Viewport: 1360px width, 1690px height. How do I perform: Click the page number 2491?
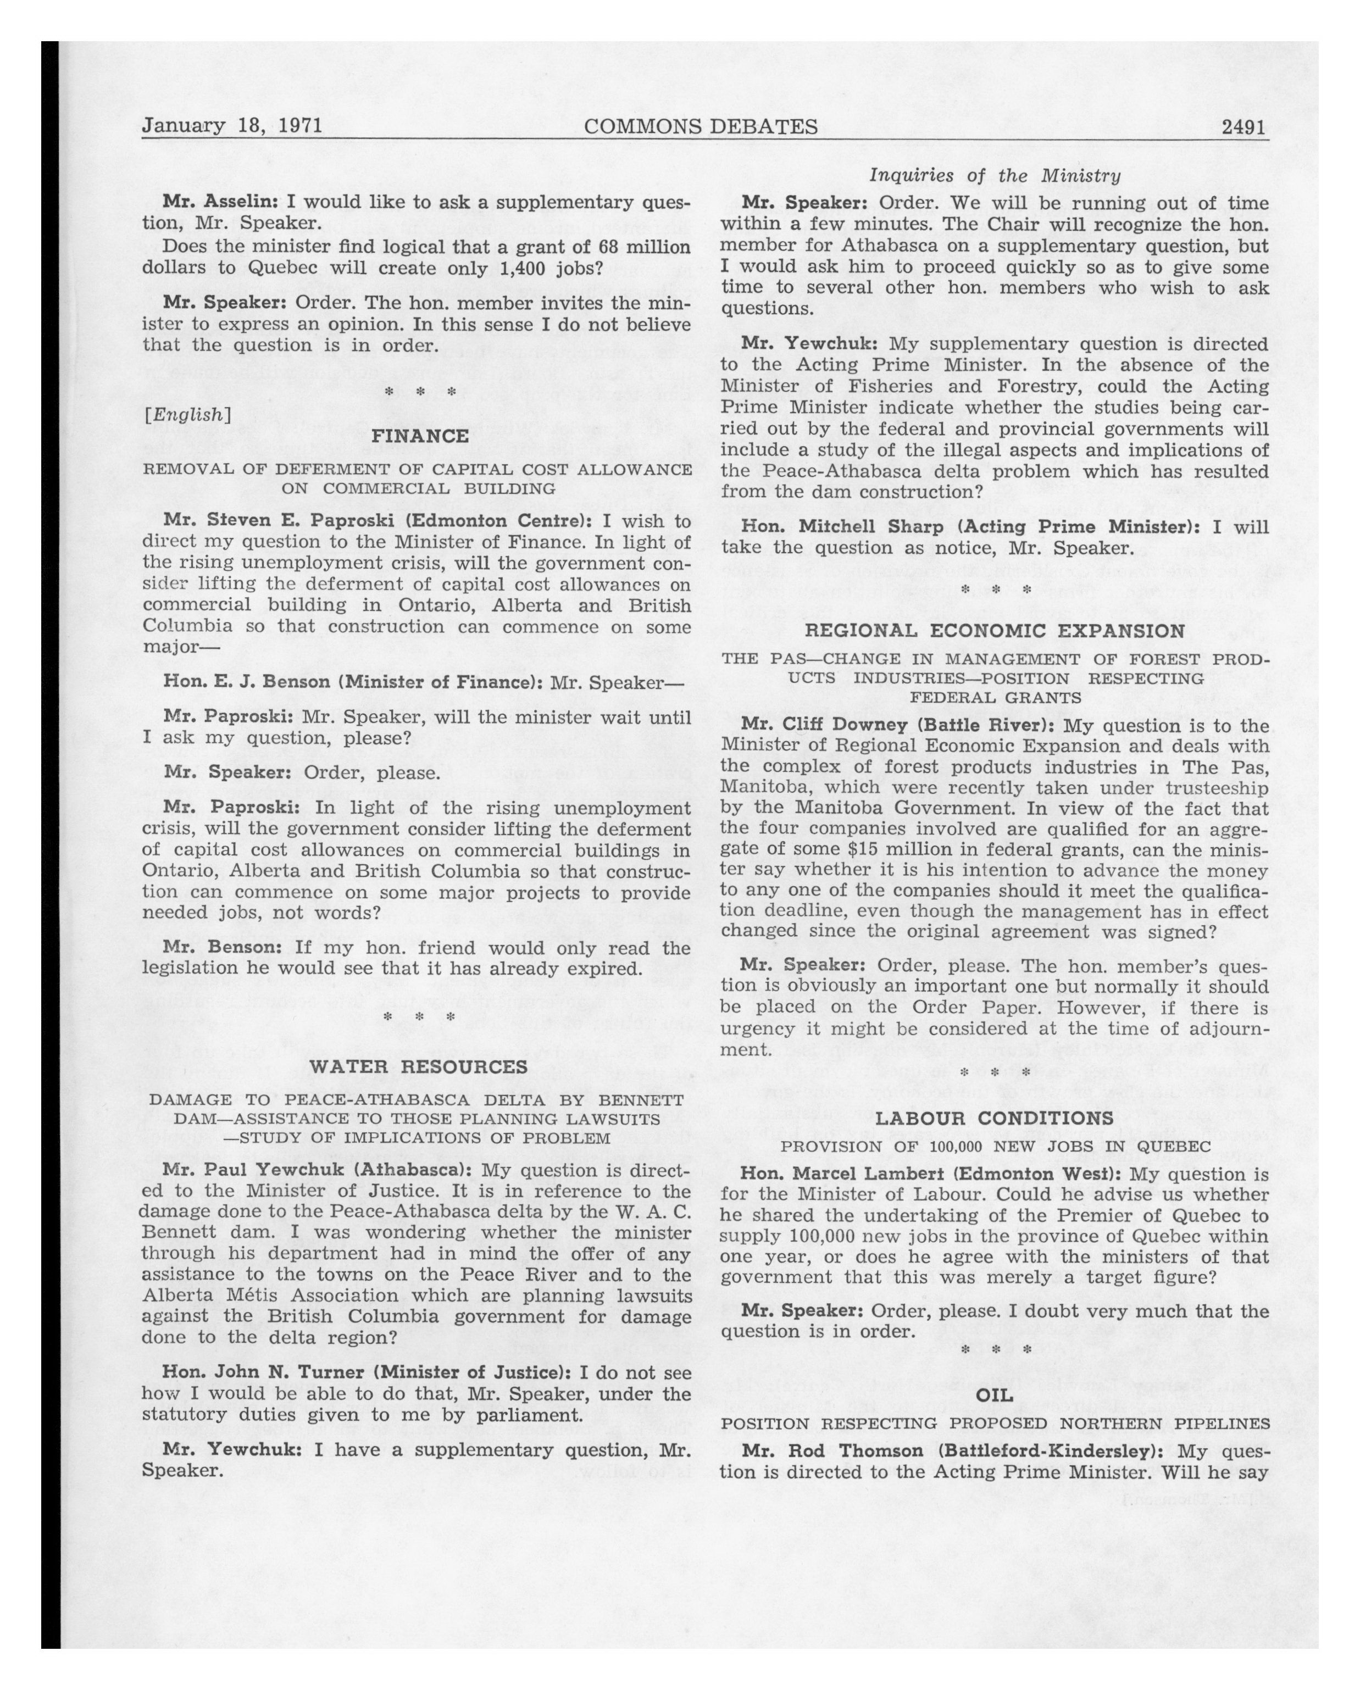pyautogui.click(x=1244, y=126)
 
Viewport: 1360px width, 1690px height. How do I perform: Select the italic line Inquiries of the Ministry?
pyautogui.click(x=995, y=176)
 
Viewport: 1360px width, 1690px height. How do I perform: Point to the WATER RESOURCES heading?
pyautogui.click(x=419, y=1067)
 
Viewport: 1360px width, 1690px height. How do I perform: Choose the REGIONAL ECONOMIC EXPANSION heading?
pyautogui.click(x=995, y=631)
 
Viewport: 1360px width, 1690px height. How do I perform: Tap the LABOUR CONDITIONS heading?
pyautogui.click(x=994, y=1119)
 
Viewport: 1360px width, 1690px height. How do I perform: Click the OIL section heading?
pyautogui.click(x=995, y=1396)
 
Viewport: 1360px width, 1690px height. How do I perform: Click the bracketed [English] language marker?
pyautogui.click(x=187, y=415)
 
